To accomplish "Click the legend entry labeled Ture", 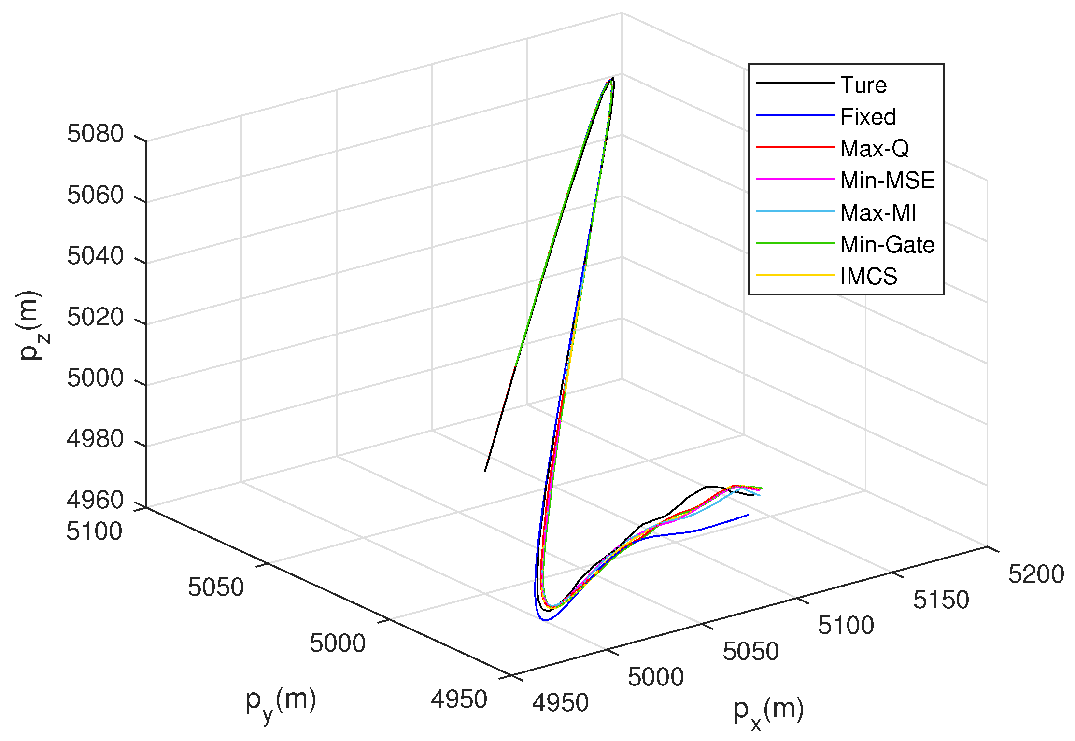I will tap(863, 85).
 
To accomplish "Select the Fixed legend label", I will tap(868, 117).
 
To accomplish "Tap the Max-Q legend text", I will tap(874, 149).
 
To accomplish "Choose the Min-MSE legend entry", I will tap(887, 181).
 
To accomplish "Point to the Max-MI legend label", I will tap(877, 212).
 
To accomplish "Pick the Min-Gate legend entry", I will tap(887, 245).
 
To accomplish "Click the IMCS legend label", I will tap(868, 277).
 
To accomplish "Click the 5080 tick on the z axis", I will tap(95, 134).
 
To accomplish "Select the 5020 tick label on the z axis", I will tap(95, 317).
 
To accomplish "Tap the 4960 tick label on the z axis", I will tap(95, 500).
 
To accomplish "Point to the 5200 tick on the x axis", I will tap(1036, 574).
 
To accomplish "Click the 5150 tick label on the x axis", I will tap(941, 600).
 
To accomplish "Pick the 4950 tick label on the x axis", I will tap(560, 703).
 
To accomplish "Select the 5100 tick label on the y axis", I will tap(94, 531).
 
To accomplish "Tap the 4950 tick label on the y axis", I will tap(459, 699).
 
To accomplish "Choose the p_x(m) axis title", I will tap(768, 711).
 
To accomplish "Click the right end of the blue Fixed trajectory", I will tap(748, 515).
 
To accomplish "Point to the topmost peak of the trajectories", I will tap(612, 78).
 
